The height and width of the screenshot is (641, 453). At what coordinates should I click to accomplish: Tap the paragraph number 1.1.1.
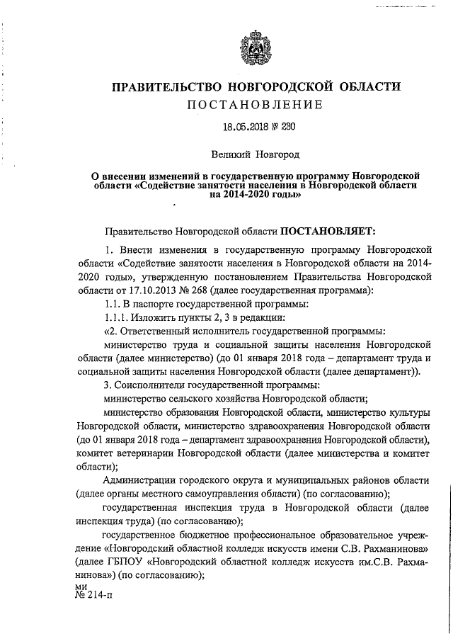[x=115, y=317]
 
